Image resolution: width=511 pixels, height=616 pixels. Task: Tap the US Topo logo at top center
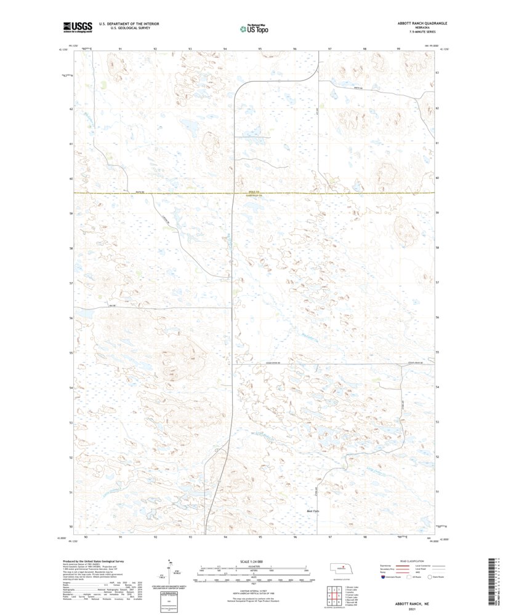pyautogui.click(x=254, y=28)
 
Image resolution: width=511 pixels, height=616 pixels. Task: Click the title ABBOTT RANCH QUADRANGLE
pyautogui.click(x=413, y=23)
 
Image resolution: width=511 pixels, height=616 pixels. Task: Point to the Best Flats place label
pyautogui.click(x=313, y=511)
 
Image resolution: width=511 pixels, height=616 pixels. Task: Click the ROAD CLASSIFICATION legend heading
pyautogui.click(x=413, y=561)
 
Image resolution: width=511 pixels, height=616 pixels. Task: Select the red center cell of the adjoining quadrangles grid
pyautogui.click(x=336, y=595)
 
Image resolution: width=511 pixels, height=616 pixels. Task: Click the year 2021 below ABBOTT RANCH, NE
pyautogui.click(x=413, y=609)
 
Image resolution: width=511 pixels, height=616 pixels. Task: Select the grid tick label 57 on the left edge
pyautogui.click(x=71, y=283)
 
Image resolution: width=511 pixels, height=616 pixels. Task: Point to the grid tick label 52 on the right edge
pyautogui.click(x=437, y=457)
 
